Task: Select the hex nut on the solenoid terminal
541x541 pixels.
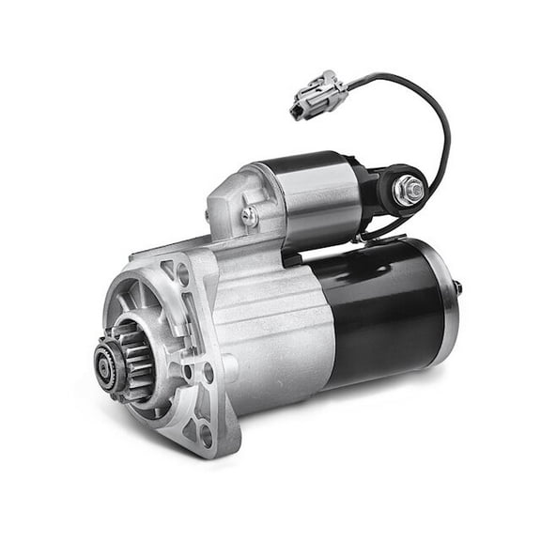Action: pyautogui.click(x=410, y=191)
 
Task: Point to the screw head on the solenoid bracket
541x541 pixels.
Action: pyautogui.click(x=249, y=215)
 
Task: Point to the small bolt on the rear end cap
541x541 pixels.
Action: pyautogui.click(x=458, y=286)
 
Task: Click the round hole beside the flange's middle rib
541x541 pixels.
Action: pyautogui.click(x=209, y=371)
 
